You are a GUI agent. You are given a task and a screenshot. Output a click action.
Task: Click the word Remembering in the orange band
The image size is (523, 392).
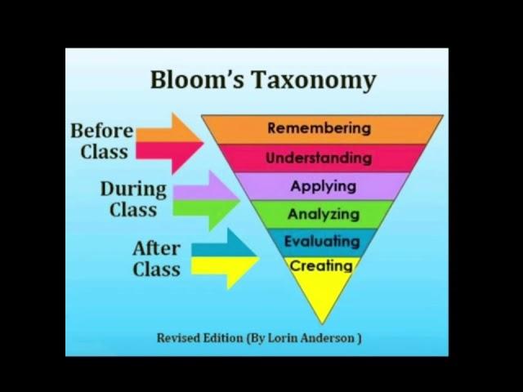pos(319,128)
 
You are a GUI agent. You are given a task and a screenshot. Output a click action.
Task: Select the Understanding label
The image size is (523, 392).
pos(319,158)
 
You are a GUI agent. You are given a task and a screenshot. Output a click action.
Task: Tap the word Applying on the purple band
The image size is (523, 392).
pos(323,186)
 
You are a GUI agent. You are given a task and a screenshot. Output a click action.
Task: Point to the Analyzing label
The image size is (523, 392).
pos(323,215)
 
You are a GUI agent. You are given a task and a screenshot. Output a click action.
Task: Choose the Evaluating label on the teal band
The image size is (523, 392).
pos(321,242)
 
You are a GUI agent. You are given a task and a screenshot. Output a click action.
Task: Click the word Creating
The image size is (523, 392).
pos(321,266)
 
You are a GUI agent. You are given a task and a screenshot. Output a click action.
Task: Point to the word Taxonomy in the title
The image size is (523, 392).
pos(314,81)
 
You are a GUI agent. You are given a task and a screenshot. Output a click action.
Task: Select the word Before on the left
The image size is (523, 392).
pos(101,131)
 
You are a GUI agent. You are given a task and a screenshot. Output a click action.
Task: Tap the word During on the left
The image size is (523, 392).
pos(133,189)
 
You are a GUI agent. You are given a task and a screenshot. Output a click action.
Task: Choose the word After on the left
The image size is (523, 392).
pos(156,248)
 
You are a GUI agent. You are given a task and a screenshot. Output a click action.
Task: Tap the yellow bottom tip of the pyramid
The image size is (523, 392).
pos(322,306)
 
